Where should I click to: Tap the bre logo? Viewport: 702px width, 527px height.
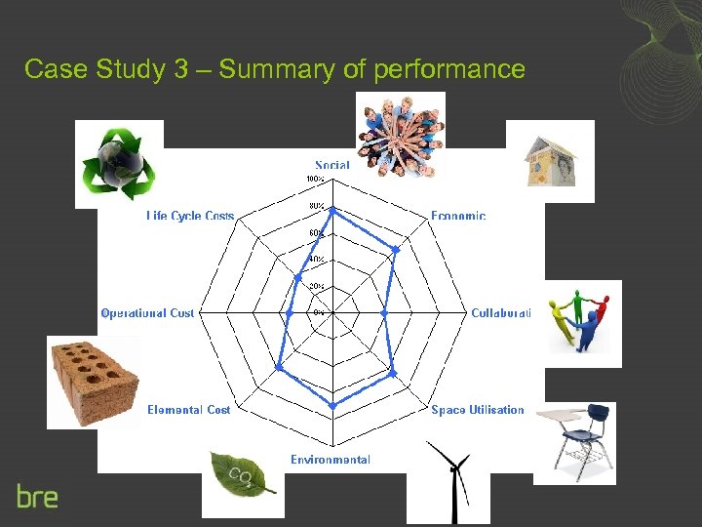coord(37,496)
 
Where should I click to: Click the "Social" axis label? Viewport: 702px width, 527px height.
coord(332,165)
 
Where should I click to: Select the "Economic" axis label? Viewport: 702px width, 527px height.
coord(458,216)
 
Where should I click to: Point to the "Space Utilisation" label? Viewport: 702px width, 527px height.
coord(478,410)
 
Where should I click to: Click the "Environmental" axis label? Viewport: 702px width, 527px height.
coord(331,460)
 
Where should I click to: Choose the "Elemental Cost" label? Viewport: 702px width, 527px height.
coord(189,410)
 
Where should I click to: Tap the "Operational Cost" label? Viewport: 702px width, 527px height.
coord(147,313)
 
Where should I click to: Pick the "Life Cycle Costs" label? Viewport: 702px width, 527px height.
coord(190,216)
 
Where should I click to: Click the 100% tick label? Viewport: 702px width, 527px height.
coord(315,180)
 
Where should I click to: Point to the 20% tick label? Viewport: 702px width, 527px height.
coord(317,286)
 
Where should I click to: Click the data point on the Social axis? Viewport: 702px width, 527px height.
coord(332,210)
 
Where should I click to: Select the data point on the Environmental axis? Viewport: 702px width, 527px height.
coord(332,405)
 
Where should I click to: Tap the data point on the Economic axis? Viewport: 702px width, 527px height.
coord(395,250)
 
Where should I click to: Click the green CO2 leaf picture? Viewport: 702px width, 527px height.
coord(243,479)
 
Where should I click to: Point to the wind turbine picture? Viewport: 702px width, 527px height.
coord(448,482)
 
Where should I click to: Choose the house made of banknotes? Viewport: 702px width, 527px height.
coord(551,159)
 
